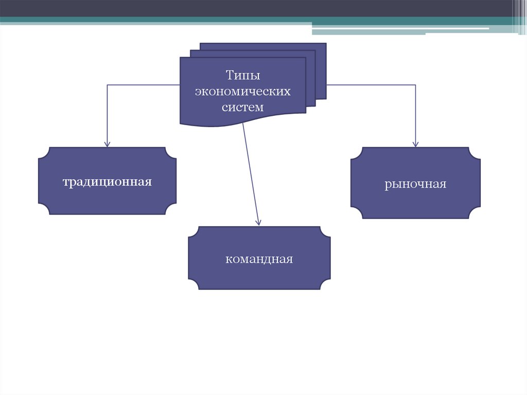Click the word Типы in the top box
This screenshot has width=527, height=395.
[242, 76]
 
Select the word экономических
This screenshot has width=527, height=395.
[242, 92]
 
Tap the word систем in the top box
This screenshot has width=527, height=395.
[242, 107]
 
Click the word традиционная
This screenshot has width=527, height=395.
[107, 182]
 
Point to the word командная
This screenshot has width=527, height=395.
[259, 259]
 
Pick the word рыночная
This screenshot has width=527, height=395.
[415, 184]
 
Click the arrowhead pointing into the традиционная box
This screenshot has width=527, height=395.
[107, 144]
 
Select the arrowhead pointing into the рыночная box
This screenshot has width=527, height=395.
[415, 144]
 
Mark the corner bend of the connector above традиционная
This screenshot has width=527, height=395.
[107, 84]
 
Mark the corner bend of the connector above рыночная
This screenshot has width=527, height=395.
[415, 84]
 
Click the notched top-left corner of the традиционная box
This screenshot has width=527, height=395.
[44, 153]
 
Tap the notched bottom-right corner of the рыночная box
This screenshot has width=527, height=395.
[475, 213]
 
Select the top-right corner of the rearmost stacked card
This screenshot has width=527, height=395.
[325, 43]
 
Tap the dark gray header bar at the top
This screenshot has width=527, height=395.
[257, 8]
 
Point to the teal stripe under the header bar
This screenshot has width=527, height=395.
[154, 21]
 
